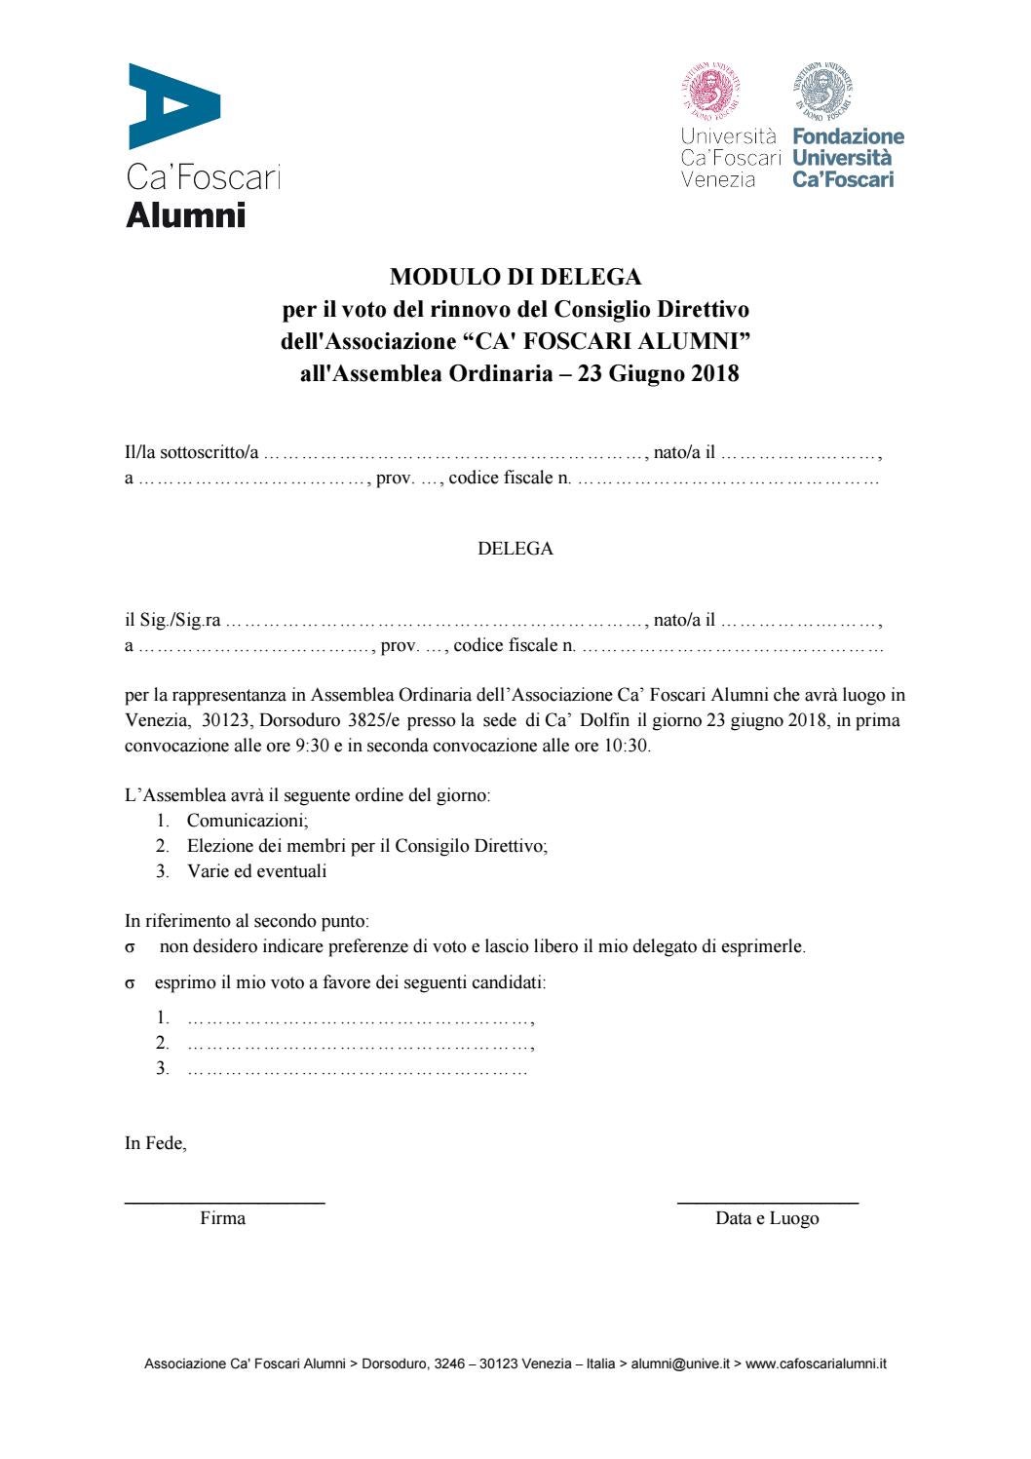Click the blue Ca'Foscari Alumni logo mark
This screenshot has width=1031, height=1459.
(173, 106)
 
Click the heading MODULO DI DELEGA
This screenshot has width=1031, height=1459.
(515, 277)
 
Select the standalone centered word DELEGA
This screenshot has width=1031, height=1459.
(515, 549)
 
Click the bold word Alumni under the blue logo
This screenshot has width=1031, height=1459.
(185, 213)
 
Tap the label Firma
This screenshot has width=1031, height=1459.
(222, 1218)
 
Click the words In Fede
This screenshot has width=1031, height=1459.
(155, 1144)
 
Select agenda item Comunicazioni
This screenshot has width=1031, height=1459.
(248, 821)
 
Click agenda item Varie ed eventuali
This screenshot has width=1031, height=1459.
(256, 871)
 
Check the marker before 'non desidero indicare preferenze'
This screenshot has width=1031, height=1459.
(130, 947)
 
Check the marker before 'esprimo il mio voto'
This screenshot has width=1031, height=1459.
(130, 983)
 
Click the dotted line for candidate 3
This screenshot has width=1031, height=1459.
(357, 1070)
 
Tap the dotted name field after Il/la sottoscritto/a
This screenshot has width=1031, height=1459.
(454, 454)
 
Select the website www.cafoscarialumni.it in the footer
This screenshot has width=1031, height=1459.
(816, 1365)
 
